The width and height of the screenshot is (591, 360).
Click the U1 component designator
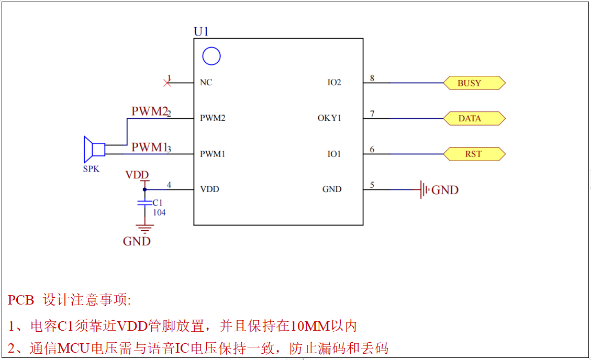(x=201, y=31)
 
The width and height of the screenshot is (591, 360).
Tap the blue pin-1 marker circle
(x=211, y=56)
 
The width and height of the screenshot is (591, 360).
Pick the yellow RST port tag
(x=474, y=154)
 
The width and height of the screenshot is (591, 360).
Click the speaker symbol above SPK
(x=94, y=150)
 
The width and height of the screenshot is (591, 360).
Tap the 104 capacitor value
(x=159, y=212)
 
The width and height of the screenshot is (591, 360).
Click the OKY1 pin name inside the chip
(x=329, y=118)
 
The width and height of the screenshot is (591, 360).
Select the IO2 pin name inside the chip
(x=334, y=83)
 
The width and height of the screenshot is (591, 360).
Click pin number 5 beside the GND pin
(x=372, y=185)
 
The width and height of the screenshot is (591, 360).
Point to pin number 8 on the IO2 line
(x=372, y=78)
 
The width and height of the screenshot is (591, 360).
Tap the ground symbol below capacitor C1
(x=144, y=228)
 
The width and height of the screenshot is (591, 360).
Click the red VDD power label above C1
(x=137, y=175)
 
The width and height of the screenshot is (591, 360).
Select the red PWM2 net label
(x=149, y=111)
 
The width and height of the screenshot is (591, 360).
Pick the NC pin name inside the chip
(x=206, y=83)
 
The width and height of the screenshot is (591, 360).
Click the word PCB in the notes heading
(x=21, y=300)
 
